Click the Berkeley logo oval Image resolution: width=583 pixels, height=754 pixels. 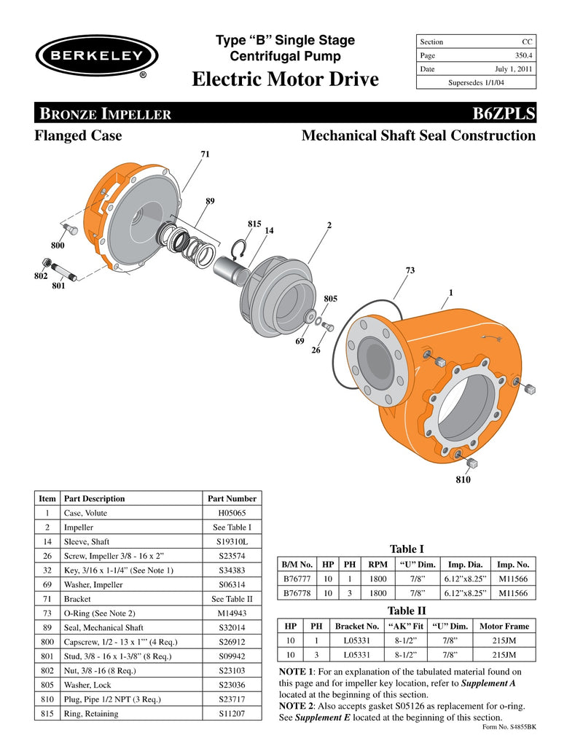(96, 53)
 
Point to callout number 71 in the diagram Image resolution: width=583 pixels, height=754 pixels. (205, 154)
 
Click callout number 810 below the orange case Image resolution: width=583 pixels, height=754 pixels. (463, 480)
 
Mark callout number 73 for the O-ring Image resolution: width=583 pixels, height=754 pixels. (410, 271)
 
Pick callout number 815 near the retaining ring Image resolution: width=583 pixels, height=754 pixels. (254, 224)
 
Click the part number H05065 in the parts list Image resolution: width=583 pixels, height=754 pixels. (232, 513)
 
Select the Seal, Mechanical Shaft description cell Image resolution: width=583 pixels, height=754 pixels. (104, 627)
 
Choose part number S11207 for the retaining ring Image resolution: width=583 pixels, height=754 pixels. (232, 714)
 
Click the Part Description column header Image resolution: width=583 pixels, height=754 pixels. (95, 498)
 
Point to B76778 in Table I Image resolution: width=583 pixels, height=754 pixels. (297, 593)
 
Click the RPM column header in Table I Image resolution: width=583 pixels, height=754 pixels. (377, 564)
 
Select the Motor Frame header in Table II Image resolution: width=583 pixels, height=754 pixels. (504, 626)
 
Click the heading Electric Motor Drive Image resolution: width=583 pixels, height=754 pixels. (286, 79)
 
